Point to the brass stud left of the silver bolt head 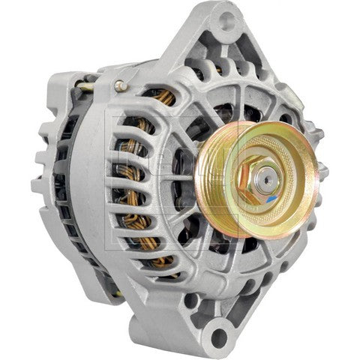pyautogui.click(x=91, y=87)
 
